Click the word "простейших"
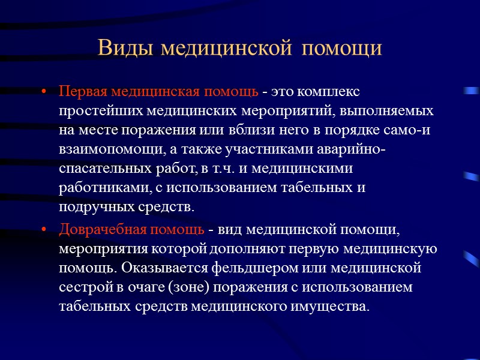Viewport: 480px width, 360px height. click(x=94, y=112)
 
